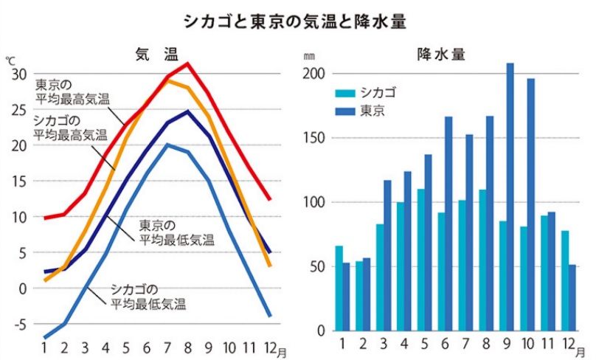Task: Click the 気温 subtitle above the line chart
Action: (x=156, y=54)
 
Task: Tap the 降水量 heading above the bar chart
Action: (x=440, y=54)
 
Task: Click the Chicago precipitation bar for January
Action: (x=339, y=288)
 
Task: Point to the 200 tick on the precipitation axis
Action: (x=313, y=74)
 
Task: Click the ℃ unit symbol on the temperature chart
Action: (x=10, y=59)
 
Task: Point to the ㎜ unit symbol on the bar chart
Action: (x=308, y=56)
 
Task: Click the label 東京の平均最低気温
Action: (x=177, y=232)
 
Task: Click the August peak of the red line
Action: (x=188, y=63)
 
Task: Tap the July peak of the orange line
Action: (x=168, y=80)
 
